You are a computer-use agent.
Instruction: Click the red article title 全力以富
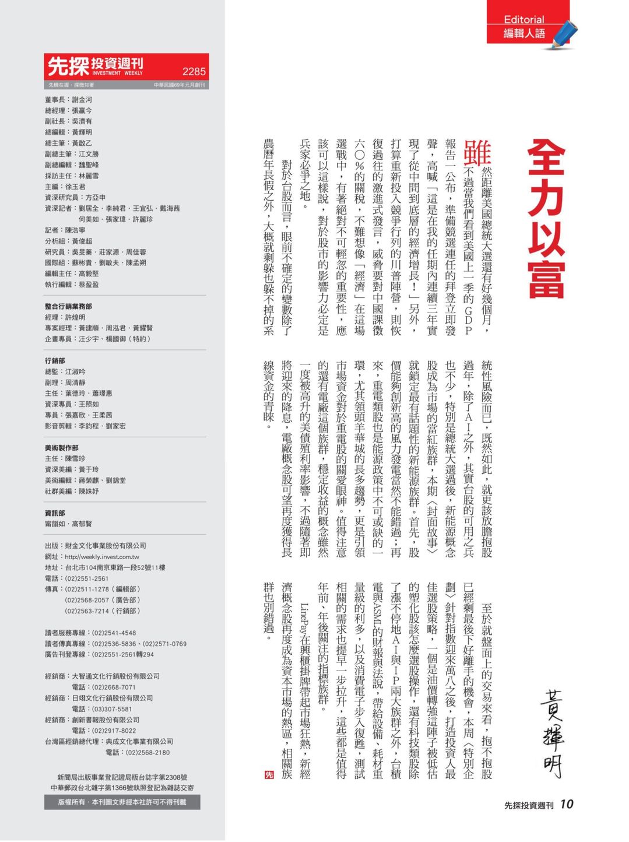[x=546, y=219]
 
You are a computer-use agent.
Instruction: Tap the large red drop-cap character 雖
[x=477, y=153]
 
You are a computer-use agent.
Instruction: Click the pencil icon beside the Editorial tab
[x=564, y=34]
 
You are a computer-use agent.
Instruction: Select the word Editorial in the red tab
[x=523, y=19]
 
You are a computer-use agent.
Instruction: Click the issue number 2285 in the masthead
[x=194, y=71]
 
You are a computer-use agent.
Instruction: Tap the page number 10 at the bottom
[x=567, y=804]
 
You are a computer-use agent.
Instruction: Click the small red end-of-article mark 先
[x=269, y=774]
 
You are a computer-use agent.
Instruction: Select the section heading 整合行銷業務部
[x=68, y=306]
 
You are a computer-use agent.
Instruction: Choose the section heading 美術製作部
[x=61, y=448]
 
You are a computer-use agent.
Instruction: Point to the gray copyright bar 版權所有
[x=122, y=802]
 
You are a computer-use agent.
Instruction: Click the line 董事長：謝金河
[x=68, y=100]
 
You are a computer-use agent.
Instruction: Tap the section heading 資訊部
[x=55, y=513]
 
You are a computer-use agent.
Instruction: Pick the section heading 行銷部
[x=55, y=360]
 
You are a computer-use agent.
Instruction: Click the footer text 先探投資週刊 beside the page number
[x=529, y=805]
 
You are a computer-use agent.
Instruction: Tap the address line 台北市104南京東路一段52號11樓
[x=115, y=567]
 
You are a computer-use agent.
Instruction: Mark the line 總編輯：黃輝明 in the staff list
[x=68, y=132]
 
